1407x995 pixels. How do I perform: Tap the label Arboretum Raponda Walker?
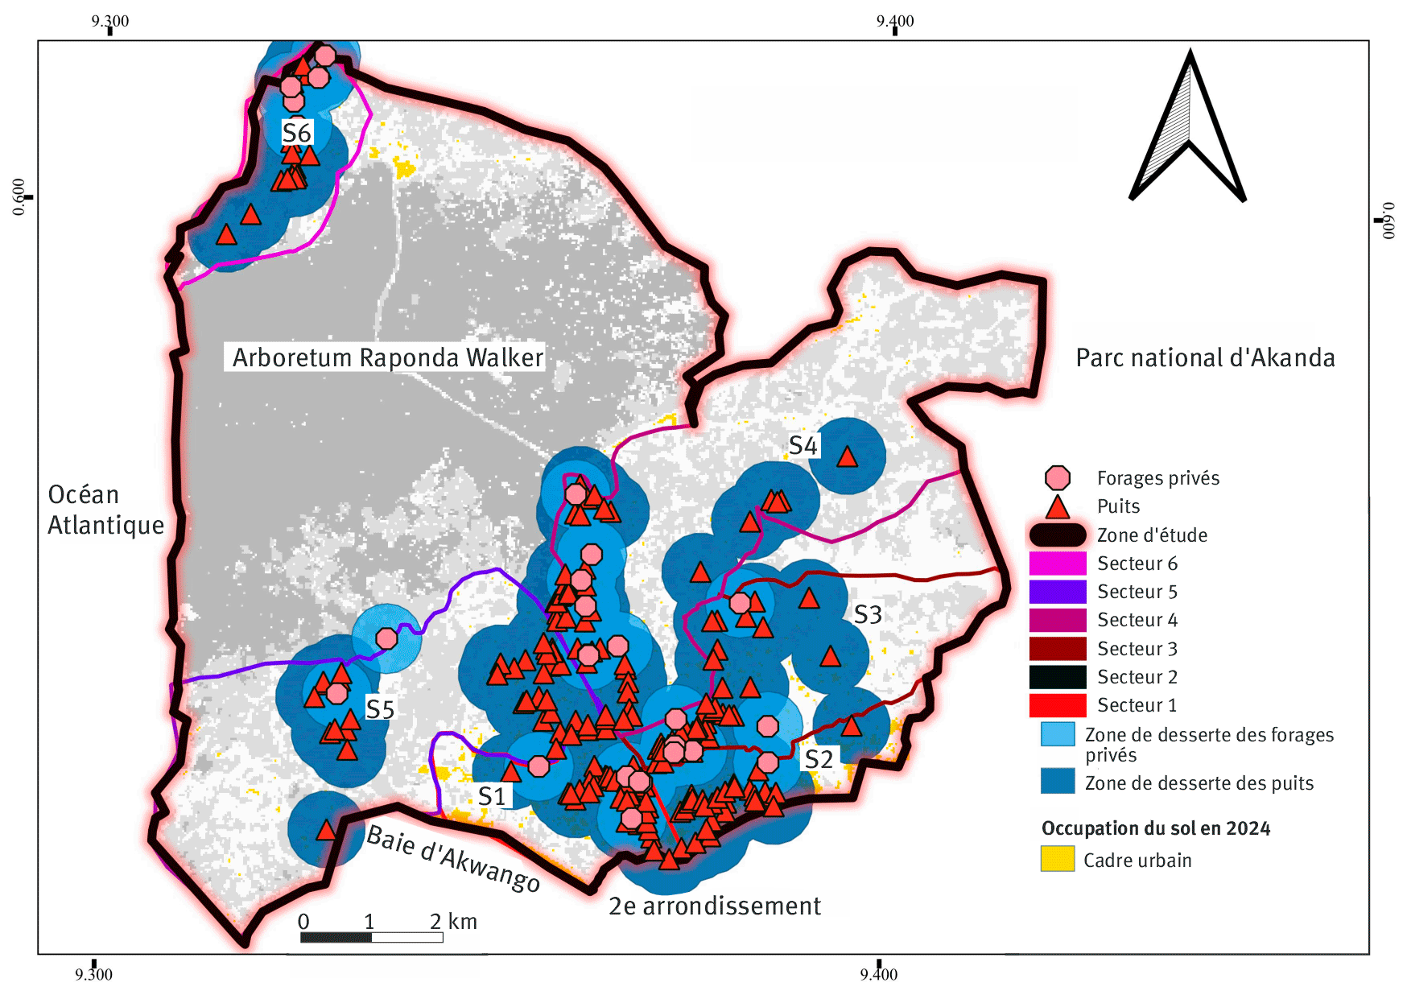(387, 357)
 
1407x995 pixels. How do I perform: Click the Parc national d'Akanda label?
(1205, 357)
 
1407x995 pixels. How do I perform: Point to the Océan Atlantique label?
(105, 510)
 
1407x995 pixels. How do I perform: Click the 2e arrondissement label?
(715, 906)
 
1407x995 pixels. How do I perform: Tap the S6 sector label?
(296, 133)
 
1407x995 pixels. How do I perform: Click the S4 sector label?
(803, 445)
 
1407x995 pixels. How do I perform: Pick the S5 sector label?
(380, 709)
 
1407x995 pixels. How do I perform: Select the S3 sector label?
(868, 615)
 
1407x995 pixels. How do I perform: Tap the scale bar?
(371, 937)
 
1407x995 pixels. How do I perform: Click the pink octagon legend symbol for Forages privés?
(1057, 478)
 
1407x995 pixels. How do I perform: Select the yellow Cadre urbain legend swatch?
(1057, 859)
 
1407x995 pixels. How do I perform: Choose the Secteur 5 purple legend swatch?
(1057, 592)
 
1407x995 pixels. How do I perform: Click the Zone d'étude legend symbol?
(1057, 535)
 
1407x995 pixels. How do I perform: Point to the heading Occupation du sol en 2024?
(1155, 828)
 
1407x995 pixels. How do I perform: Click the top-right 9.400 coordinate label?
(895, 21)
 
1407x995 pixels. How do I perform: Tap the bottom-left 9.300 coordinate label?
(93, 975)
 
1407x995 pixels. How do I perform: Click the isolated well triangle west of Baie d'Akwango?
(325, 830)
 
